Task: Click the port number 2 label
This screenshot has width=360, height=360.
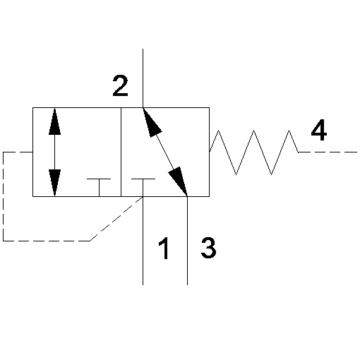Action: coord(120,85)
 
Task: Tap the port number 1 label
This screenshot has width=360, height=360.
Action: coord(164,248)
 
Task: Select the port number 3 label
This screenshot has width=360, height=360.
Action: coord(208,248)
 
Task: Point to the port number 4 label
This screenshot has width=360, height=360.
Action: coord(319,130)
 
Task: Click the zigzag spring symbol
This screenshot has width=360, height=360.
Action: coord(254,152)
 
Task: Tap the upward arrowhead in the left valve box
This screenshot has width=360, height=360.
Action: coord(54,121)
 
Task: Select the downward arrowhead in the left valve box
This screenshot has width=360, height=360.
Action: coord(54,183)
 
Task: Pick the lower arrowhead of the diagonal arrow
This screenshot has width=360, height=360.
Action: coord(179,181)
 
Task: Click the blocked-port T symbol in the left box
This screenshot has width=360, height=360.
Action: coord(99,187)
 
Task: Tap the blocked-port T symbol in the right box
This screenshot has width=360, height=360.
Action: coord(143,187)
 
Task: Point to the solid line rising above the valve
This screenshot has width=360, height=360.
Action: coord(143,78)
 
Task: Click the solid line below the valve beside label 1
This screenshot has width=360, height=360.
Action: coord(143,241)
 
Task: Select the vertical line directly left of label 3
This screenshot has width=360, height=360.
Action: coord(187,241)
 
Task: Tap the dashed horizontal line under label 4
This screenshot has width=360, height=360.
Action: coord(328,152)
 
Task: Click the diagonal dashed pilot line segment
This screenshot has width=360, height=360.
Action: coord(116,219)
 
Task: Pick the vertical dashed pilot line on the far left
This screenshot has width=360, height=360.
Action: coord(3,196)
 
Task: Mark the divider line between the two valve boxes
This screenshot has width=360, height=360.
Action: coord(121,152)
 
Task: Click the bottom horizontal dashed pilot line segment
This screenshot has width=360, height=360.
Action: coord(47,241)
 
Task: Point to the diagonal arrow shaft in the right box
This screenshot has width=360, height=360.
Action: coord(165,152)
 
